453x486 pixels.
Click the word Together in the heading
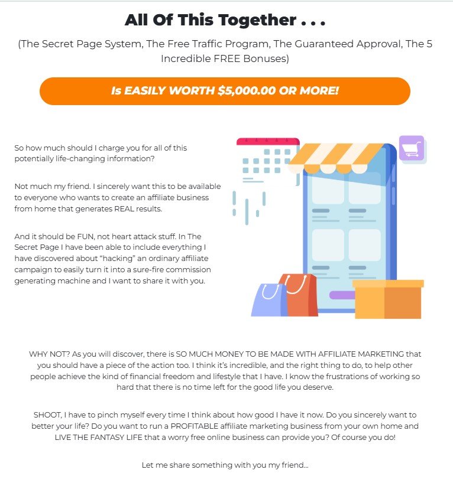[x=257, y=21]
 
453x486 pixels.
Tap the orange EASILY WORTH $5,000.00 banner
[x=225, y=91]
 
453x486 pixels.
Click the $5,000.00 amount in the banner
[x=247, y=91]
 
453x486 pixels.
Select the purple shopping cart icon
[x=412, y=148]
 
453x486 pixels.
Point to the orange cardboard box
[x=388, y=299]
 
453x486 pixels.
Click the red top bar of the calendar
[x=268, y=141]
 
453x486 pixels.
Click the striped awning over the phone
[x=337, y=158]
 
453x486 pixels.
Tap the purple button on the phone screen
[x=342, y=295]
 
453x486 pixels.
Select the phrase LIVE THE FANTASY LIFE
[x=98, y=438]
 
